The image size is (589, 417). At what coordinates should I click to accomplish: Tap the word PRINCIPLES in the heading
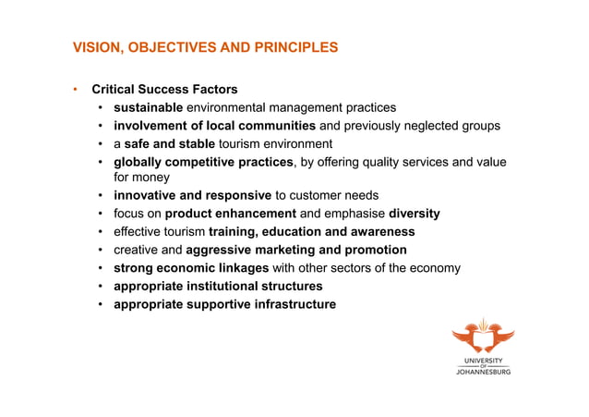pyautogui.click(x=294, y=47)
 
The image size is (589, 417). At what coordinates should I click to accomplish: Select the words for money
pyautogui.click(x=141, y=178)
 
